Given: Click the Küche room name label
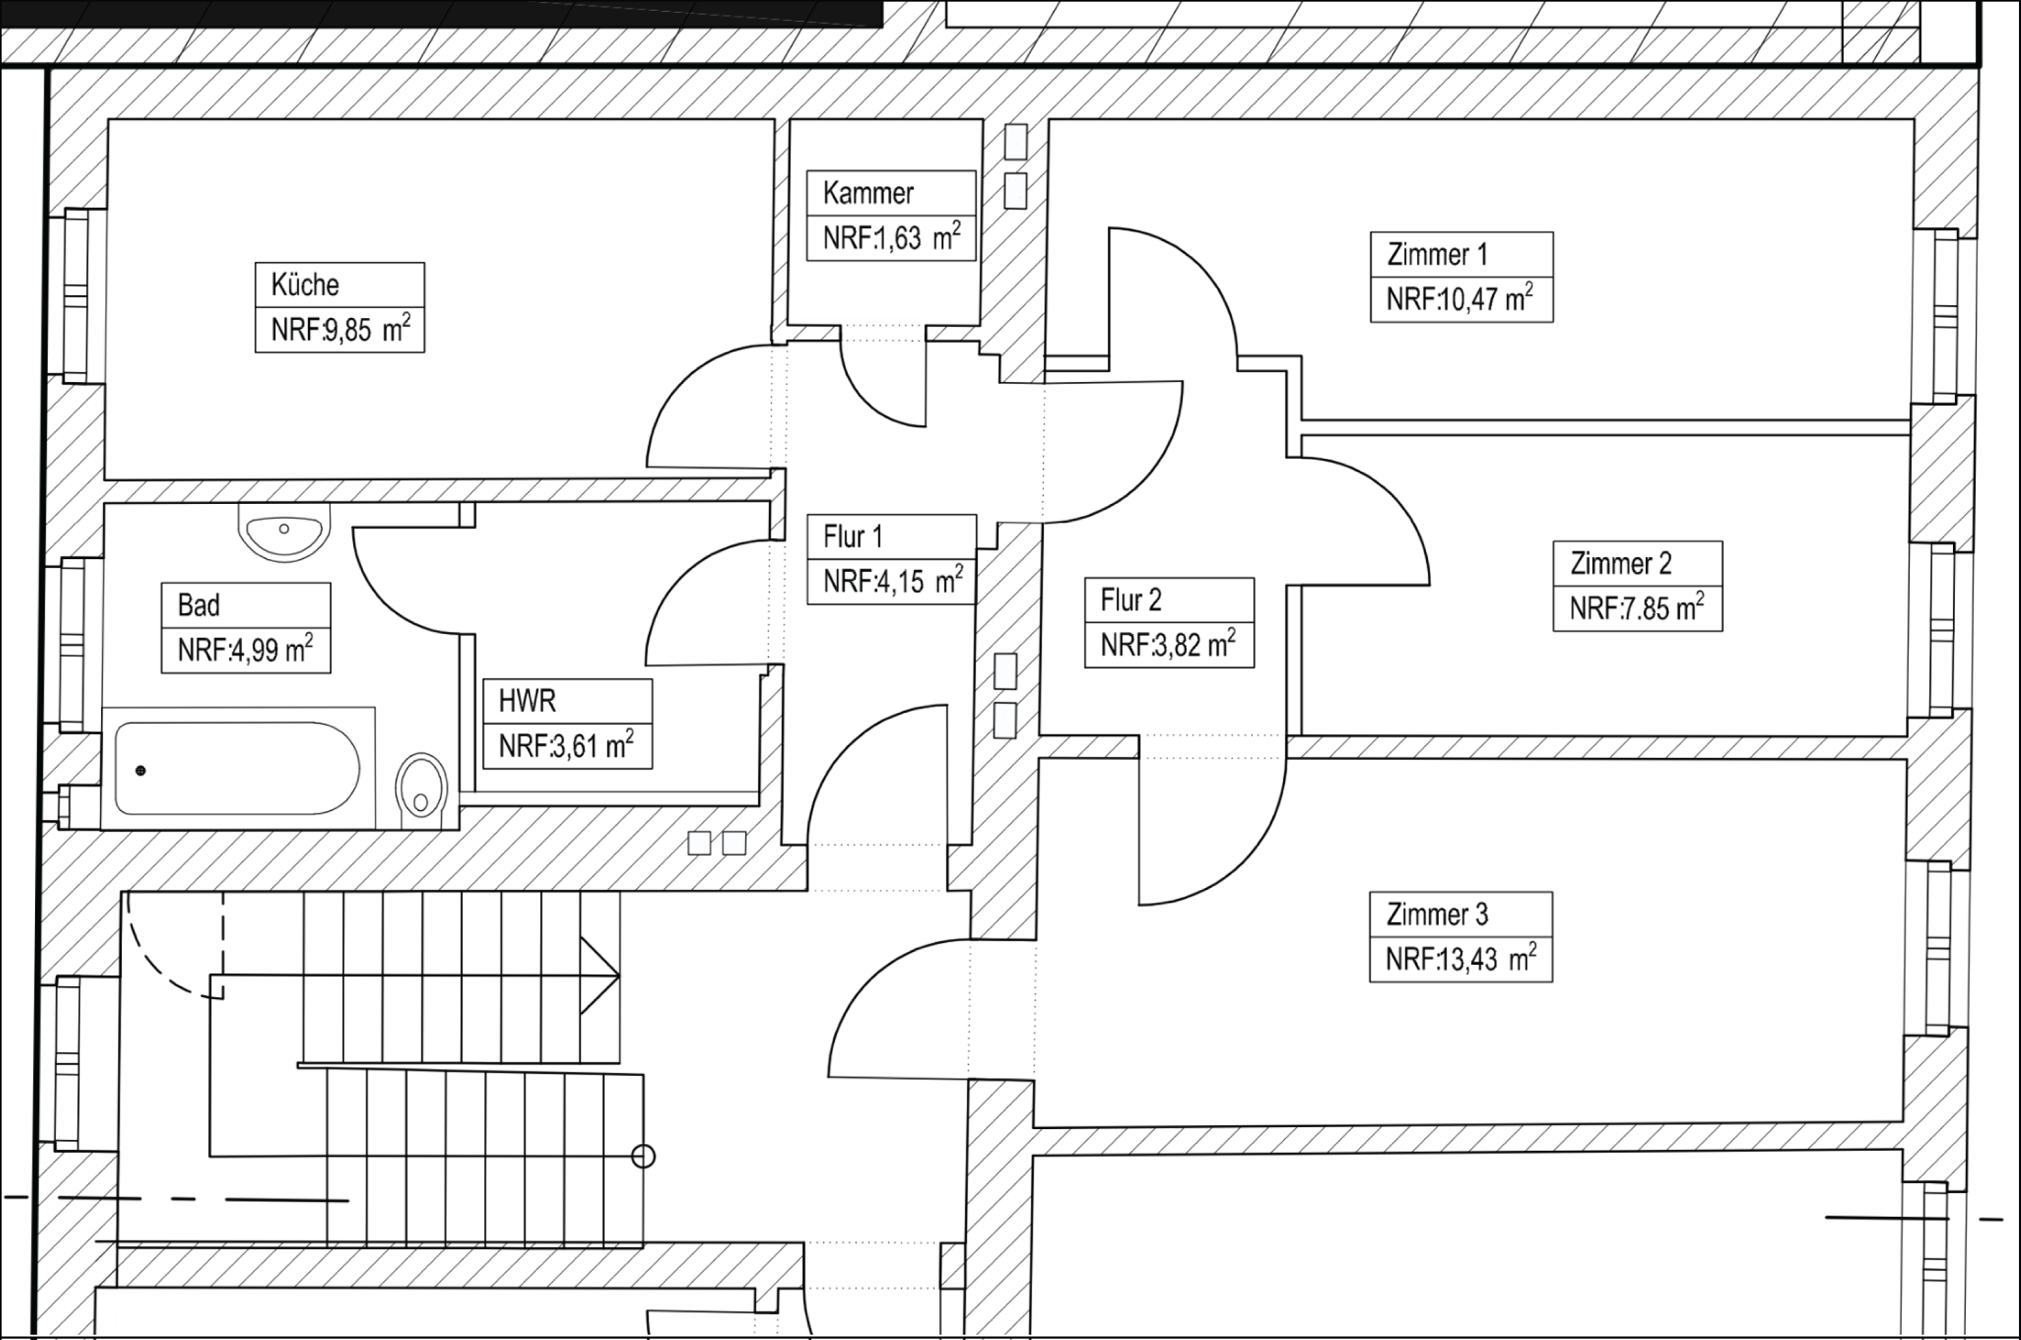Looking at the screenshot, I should tap(305, 284).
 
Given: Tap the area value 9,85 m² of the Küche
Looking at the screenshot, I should tap(340, 330).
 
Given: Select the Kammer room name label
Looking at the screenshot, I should tap(868, 193).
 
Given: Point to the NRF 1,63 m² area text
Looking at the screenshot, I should tap(891, 238).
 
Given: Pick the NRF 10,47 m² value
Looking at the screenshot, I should tap(1460, 299).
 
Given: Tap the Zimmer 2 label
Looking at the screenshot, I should tap(1620, 564).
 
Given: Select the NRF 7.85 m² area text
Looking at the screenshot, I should tap(1636, 608).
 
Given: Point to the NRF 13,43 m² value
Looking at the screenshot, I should tap(1461, 959).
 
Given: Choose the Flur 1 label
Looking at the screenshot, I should tap(852, 538).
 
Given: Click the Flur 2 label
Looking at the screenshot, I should tap(1130, 601).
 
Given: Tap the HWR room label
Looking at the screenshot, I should tap(527, 701).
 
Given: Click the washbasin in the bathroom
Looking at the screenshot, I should tap(284, 532).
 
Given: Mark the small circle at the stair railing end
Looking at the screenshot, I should tap(643, 1156).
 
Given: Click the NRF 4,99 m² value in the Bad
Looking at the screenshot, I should tap(245, 650).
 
